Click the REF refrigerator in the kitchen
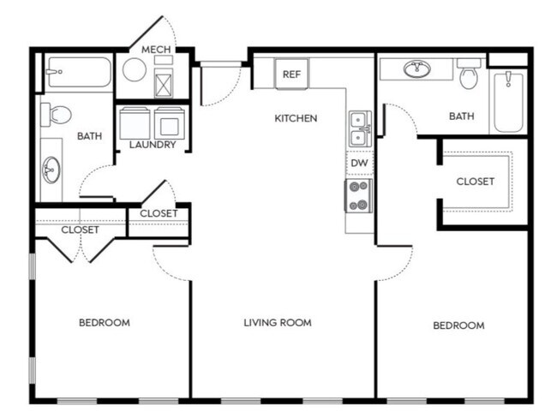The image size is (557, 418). pyautogui.click(x=291, y=74)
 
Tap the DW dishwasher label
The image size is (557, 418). pyautogui.click(x=359, y=163)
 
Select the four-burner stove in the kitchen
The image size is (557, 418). pyautogui.click(x=358, y=195)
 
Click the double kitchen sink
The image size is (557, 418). pyautogui.click(x=360, y=128)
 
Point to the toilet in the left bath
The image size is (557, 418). pyautogui.click(x=56, y=115)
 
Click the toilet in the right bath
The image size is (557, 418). pyautogui.click(x=469, y=74)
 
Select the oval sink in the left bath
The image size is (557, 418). pyautogui.click(x=51, y=170)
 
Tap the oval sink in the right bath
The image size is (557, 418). pyautogui.click(x=416, y=69)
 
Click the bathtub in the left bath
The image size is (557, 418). pyautogui.click(x=79, y=72)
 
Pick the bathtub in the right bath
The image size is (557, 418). pyautogui.click(x=508, y=102)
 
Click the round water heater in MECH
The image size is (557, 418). pyautogui.click(x=135, y=69)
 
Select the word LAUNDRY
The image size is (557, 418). pyautogui.click(x=153, y=145)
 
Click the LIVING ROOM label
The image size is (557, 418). pyautogui.click(x=278, y=322)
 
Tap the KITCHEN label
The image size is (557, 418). pyautogui.click(x=296, y=118)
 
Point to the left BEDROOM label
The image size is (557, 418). pyautogui.click(x=105, y=322)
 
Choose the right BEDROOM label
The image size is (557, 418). pyautogui.click(x=458, y=325)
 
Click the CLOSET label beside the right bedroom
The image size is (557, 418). pyautogui.click(x=476, y=182)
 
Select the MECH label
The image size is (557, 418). pyautogui.click(x=156, y=50)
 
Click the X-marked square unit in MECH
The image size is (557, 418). pyautogui.click(x=164, y=83)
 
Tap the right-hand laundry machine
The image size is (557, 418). pyautogui.click(x=169, y=123)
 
